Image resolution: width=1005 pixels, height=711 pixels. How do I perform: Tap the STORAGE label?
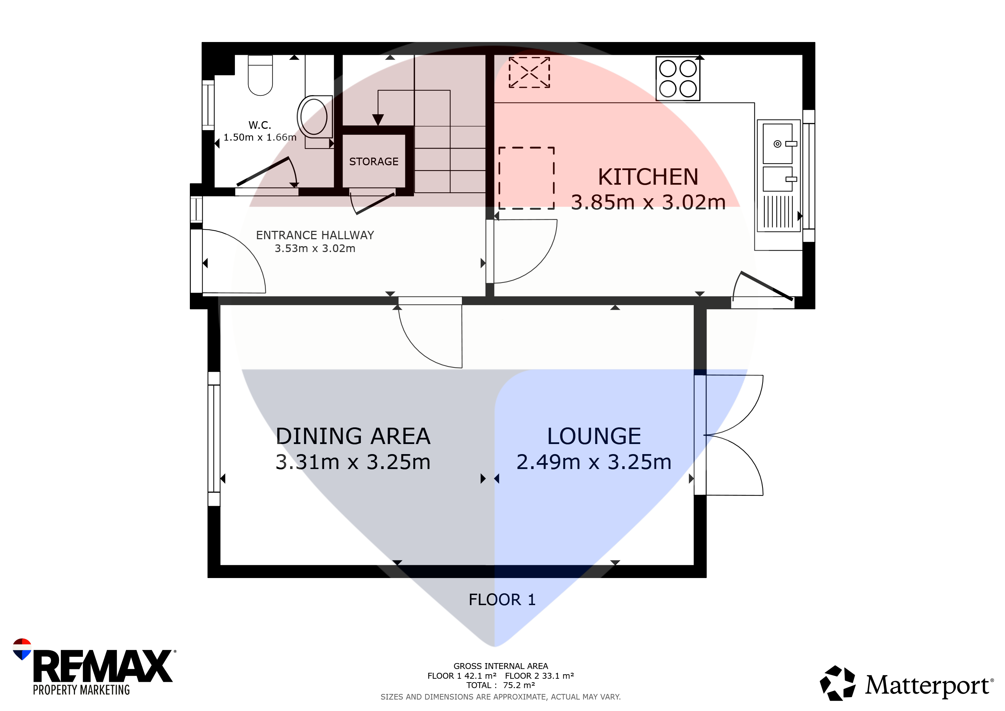[x=374, y=161]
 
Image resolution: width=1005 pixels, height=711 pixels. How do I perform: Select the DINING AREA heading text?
[x=353, y=436]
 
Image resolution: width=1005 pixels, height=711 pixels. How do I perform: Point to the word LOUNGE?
[x=594, y=436]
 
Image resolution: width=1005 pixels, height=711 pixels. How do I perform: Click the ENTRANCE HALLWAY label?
[x=315, y=235]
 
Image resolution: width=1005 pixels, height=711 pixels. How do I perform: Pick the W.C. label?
[x=260, y=125]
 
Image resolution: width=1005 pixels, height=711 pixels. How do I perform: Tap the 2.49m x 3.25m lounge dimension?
[x=594, y=462]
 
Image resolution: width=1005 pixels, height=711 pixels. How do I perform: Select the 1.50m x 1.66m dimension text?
[x=260, y=137]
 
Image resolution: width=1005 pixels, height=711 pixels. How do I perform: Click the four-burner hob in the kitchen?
[x=678, y=79]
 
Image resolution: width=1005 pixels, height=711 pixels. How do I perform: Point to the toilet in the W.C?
[x=260, y=75]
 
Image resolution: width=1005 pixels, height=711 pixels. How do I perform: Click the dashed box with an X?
[x=529, y=72]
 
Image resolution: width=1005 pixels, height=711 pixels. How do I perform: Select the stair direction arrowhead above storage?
[x=378, y=119]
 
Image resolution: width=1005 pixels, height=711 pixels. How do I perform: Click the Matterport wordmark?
[x=927, y=686]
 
